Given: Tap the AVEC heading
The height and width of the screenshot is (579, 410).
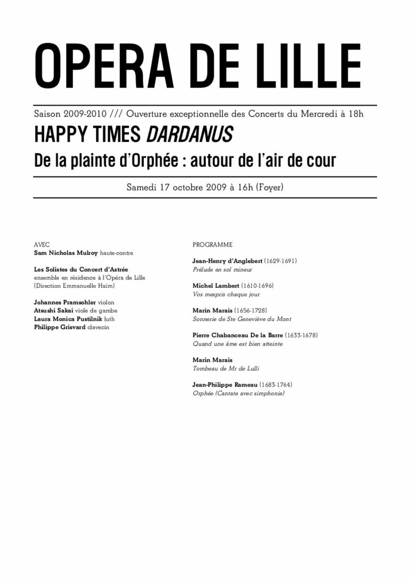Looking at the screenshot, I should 42,245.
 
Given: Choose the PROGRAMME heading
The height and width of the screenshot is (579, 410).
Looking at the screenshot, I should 212,245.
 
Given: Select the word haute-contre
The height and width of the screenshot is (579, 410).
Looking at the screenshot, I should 117,253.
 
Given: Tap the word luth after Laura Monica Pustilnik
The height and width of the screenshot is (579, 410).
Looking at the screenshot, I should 109,319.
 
